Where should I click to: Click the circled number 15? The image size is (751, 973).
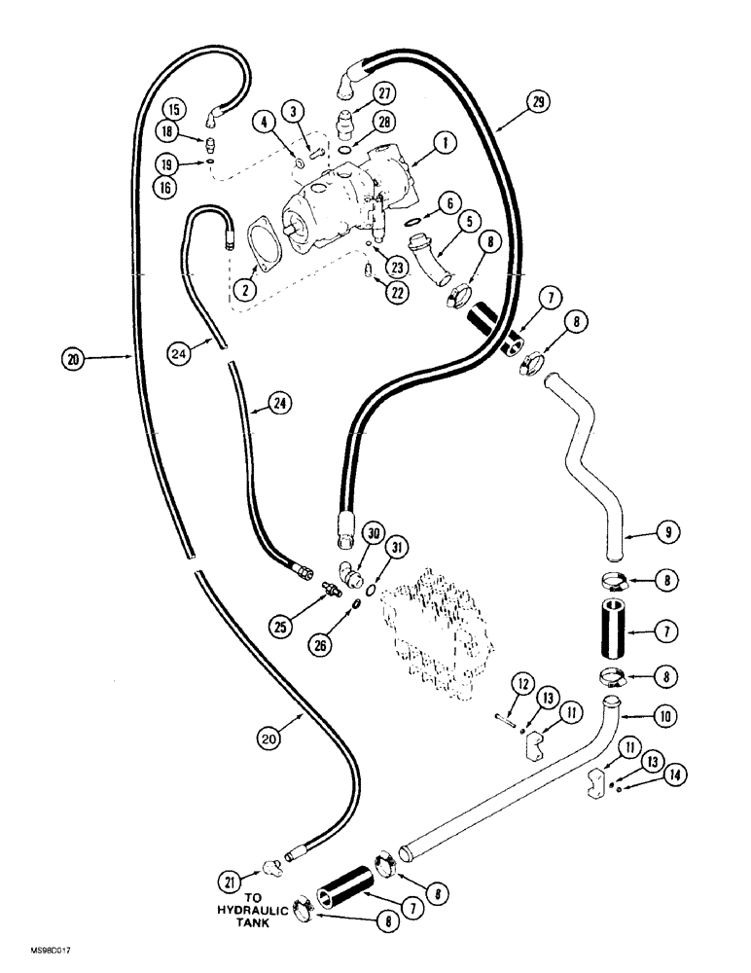[x=172, y=108]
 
